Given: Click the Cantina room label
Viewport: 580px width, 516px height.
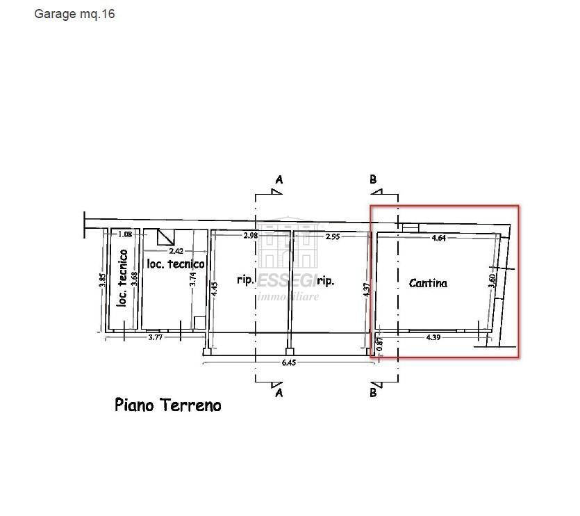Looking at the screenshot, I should pos(428,283).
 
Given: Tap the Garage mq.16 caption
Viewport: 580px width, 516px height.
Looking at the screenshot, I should pos(74,14).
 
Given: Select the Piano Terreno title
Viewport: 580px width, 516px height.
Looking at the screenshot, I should pos(168,405).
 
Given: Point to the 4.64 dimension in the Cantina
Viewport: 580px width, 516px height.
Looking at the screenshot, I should pos(438,238).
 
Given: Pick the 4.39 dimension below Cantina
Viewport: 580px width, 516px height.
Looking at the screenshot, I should pos(434,337).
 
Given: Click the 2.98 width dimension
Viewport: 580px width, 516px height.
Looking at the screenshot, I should pos(250,236).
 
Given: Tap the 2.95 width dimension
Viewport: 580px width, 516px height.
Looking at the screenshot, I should pos(332,236).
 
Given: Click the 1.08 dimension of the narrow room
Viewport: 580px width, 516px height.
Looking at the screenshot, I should pos(125,235).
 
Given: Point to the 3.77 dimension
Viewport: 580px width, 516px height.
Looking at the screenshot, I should pos(156,338).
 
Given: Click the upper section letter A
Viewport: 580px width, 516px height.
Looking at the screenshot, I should pos(279,179).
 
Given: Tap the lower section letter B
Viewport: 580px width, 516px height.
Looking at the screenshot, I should pos(373,392).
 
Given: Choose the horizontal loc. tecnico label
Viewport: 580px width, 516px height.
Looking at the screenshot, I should pos(176,264).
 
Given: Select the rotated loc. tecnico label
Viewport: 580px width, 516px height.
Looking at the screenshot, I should pos(122,278).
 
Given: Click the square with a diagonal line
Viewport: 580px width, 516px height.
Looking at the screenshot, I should pos(165,237).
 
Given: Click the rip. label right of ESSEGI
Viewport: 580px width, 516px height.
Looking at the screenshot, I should pos(326,281).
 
